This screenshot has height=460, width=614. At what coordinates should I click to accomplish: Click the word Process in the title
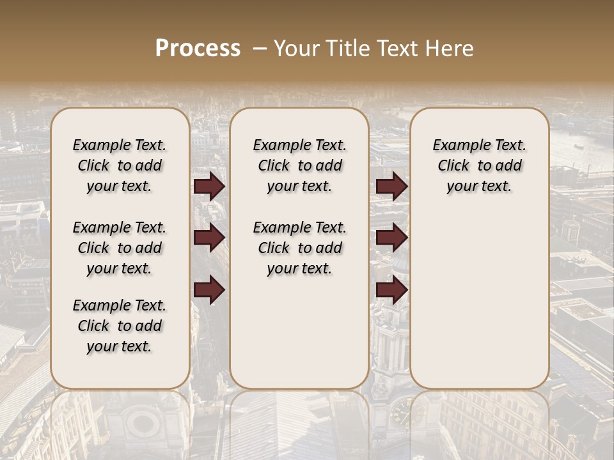click(198, 48)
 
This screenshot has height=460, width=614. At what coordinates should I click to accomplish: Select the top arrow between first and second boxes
click(209, 187)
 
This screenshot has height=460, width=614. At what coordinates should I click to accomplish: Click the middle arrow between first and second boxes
click(209, 238)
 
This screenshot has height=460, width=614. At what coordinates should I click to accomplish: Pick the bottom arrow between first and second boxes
click(209, 290)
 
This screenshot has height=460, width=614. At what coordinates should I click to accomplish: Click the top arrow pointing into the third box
click(391, 187)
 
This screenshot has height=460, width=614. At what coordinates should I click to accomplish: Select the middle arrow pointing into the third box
click(391, 238)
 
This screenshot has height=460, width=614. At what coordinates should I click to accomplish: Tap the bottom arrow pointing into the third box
click(391, 290)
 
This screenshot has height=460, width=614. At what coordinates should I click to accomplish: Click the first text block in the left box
click(120, 165)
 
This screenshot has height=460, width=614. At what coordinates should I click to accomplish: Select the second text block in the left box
click(120, 248)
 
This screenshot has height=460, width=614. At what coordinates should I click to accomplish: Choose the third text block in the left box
click(120, 326)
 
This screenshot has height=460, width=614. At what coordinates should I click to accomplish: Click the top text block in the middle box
click(299, 165)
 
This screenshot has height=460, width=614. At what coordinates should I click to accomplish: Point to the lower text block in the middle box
click(299, 248)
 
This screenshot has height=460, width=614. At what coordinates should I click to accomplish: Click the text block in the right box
click(479, 165)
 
